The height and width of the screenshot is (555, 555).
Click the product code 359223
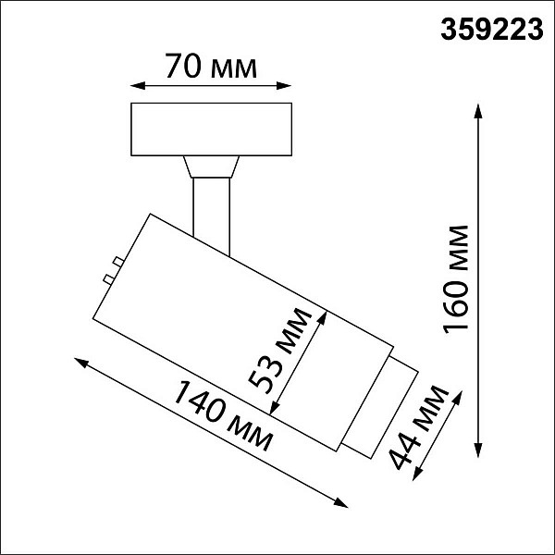(x=492, y=30)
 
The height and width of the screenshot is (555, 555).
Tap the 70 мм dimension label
(x=211, y=67)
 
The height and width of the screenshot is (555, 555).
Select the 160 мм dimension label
(x=455, y=279)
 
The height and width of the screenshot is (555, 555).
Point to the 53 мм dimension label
(x=280, y=351)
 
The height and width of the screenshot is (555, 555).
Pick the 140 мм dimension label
(x=223, y=416)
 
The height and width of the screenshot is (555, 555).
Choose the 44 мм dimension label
(x=419, y=427)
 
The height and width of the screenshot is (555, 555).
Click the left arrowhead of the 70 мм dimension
(x=138, y=86)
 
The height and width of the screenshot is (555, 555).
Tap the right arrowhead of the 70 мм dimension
(x=284, y=86)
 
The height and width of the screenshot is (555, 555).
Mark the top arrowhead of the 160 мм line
(x=478, y=111)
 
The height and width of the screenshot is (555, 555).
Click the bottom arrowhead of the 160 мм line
(x=478, y=450)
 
